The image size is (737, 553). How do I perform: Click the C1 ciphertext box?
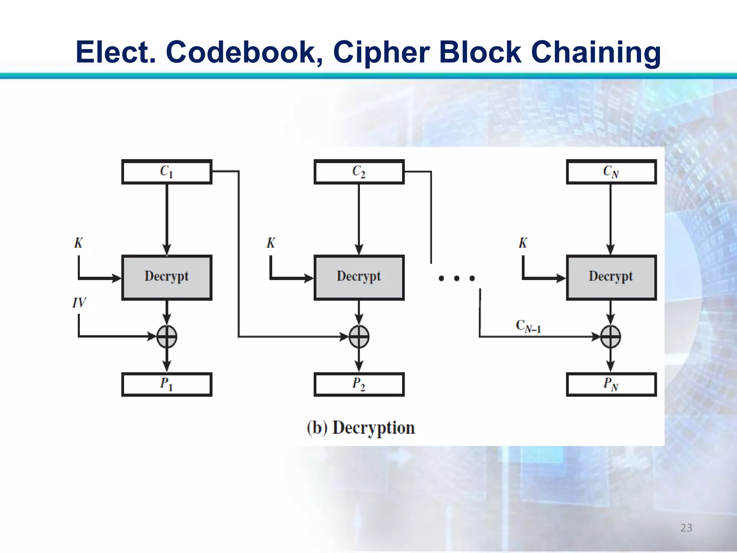click(167, 172)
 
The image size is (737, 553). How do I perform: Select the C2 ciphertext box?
click(359, 172)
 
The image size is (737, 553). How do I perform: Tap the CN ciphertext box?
click(611, 172)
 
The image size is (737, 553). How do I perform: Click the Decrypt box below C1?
click(167, 277)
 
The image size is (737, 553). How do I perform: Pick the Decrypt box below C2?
click(359, 277)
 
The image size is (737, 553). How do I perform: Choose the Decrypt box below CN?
click(611, 277)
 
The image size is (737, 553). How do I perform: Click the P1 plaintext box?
click(167, 384)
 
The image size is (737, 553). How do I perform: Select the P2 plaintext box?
click(359, 384)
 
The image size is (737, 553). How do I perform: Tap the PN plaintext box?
click(611, 384)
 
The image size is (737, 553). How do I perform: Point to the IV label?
click(79, 302)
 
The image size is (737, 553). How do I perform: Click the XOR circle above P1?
click(167, 337)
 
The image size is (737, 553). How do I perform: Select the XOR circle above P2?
click(359, 337)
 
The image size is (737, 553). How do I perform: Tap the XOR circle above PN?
click(611, 337)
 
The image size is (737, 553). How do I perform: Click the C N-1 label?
click(528, 326)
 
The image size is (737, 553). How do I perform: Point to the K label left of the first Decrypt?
click(78, 243)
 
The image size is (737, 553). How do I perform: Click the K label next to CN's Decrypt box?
click(523, 243)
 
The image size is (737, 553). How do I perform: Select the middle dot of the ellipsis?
click(457, 278)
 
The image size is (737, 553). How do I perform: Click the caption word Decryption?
click(373, 428)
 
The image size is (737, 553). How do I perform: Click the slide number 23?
click(686, 528)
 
